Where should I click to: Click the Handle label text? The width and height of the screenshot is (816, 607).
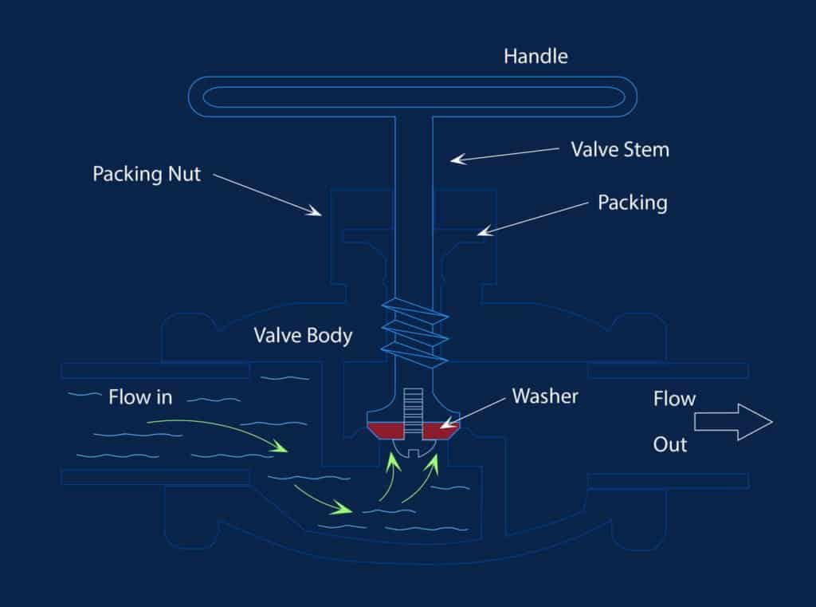coord(535,57)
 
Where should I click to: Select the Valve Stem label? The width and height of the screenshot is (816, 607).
coord(620,149)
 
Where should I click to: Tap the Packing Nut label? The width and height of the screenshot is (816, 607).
coord(147,174)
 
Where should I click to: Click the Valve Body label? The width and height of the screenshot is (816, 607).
coord(303,335)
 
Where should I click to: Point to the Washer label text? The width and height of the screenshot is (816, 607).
coord(545,396)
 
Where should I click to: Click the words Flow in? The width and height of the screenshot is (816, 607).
coord(140,397)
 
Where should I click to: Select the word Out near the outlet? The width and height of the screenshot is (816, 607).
coord(670,444)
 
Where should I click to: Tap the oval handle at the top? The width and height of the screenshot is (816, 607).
coord(412,97)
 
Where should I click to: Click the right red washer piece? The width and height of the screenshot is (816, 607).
coord(438,432)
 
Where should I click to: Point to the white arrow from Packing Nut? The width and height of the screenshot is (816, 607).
coord(267,195)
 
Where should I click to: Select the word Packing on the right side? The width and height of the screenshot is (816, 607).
coord(632,203)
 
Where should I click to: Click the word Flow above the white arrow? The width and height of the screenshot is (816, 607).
coord(674,398)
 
